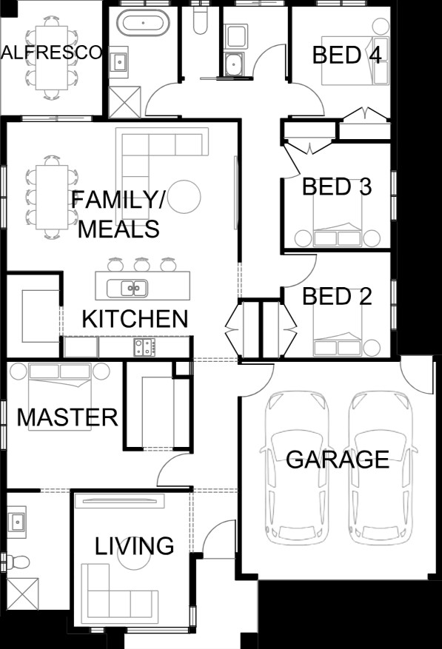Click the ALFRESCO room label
51,53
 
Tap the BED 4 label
346,55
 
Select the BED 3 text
337,186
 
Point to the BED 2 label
337,296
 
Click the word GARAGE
338,459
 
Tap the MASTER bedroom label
67,417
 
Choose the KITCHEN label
135,319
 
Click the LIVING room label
134,546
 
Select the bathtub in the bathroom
143,22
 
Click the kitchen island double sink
127,288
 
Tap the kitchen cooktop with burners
144,347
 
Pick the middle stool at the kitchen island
141,264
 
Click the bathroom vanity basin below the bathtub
119,62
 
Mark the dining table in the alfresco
51,58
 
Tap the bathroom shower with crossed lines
125,102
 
